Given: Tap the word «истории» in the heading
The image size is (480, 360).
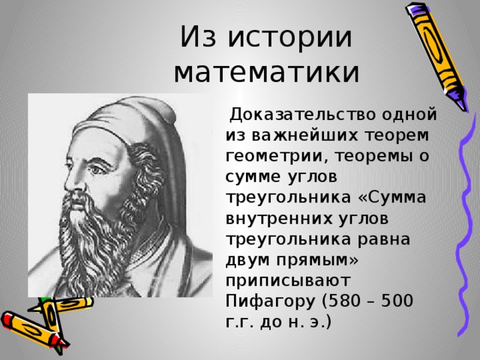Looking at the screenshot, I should [x=289, y=37].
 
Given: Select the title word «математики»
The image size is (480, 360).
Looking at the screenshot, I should [x=266, y=72].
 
